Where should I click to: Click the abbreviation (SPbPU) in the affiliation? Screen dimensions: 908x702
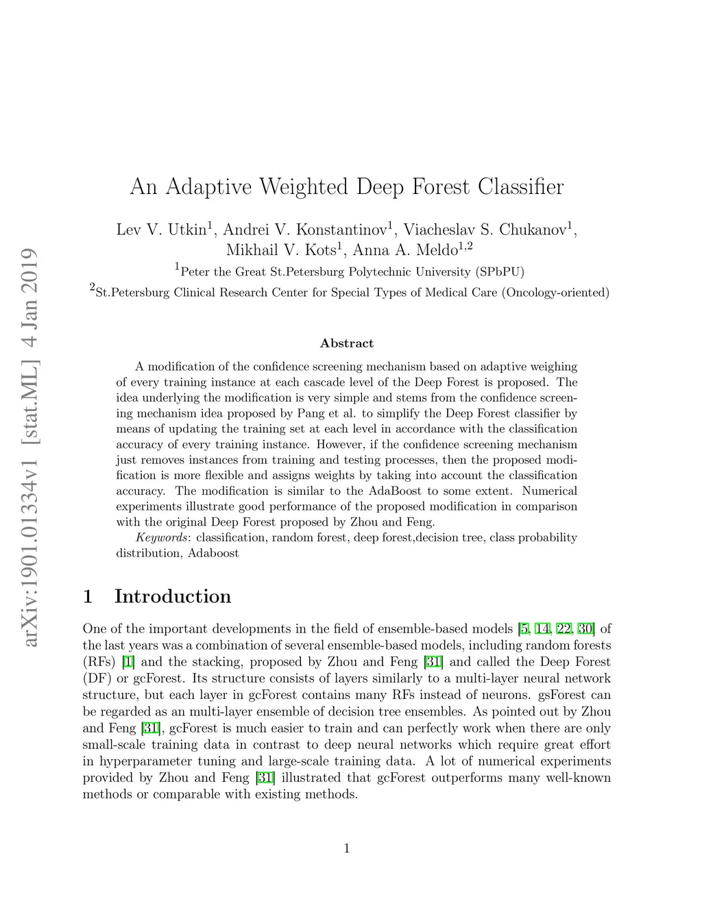tap(499, 272)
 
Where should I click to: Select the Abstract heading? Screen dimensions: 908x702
tap(347, 343)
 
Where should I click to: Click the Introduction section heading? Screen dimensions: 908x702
tap(172, 596)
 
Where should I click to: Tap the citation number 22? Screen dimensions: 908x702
tap(564, 628)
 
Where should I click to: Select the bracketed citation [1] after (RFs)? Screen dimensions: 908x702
tap(128, 662)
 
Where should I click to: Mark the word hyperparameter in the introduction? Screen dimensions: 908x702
tap(144, 761)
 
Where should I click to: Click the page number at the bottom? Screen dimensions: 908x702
tap(347, 850)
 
